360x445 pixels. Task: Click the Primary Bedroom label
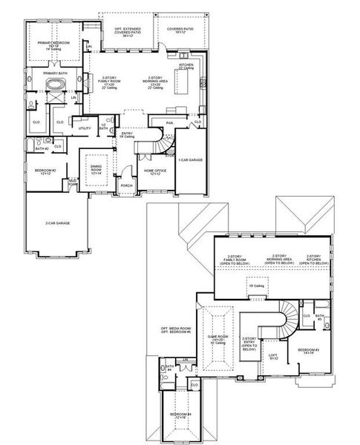[53, 44]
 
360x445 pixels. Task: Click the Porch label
[126, 185]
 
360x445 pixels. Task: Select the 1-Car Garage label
[190, 160]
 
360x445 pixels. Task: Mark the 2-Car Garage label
[57, 222]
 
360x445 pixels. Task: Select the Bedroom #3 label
[309, 351]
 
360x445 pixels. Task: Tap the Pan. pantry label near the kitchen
[170, 123]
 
